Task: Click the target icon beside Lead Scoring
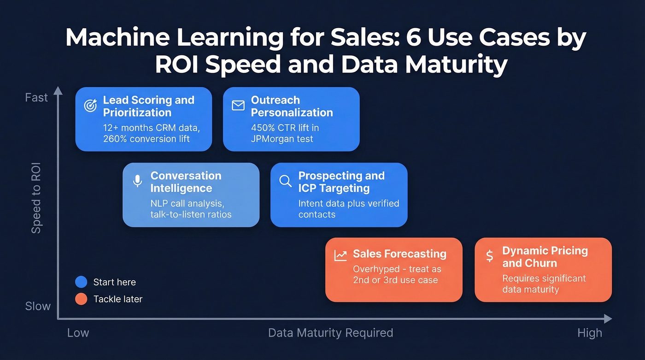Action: [91, 106]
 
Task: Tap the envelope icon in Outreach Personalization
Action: [238, 106]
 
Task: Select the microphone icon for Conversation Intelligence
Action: [137, 181]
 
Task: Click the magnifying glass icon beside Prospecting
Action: [286, 181]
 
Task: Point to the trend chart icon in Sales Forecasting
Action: [340, 255]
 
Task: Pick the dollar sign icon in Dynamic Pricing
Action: [490, 256]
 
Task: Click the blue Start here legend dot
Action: [81, 282]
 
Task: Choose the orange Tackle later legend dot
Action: [81, 299]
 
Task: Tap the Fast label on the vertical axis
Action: [36, 98]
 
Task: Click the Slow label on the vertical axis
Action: [38, 306]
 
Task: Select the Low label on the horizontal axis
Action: [78, 333]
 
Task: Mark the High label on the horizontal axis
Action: [590, 333]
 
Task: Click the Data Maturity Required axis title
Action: [330, 333]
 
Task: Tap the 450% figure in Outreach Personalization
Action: [263, 127]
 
